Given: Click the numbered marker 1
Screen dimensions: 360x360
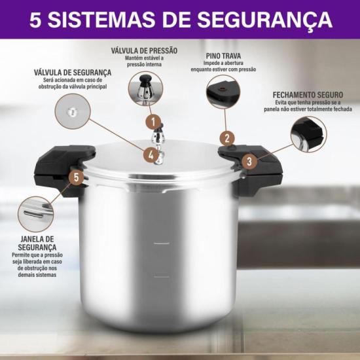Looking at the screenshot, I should [153, 121].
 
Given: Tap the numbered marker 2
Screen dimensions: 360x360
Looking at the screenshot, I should [226, 138].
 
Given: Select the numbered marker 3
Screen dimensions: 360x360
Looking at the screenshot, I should [249, 161].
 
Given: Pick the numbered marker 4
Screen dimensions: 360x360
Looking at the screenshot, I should [151, 156].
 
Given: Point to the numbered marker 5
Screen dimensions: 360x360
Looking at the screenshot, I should [77, 177].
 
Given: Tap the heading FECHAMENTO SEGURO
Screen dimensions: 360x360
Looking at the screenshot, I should [308, 96].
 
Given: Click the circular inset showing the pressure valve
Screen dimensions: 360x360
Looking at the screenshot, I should [145, 88].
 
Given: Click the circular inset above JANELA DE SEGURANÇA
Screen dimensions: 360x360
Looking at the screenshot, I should [35, 213].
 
